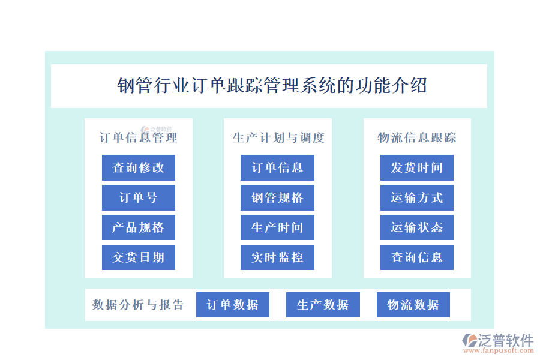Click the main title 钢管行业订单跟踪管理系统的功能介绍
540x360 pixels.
pos(272,85)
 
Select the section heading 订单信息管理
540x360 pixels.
pos(139,138)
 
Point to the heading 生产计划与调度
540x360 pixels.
pos(278,138)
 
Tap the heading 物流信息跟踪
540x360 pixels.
pos(417,138)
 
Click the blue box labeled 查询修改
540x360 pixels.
pos(139,167)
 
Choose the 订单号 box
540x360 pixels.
pos(139,197)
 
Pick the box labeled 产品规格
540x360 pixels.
pos(139,227)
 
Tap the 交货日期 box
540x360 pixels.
pos(139,257)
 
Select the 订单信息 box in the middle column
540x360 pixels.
pos(277,167)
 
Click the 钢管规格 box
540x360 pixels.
pos(277,197)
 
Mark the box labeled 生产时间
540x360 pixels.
pos(277,227)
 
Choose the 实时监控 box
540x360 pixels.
pos(277,257)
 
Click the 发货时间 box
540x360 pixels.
pos(417,167)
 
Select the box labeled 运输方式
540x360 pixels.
pos(417,197)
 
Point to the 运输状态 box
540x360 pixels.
pos(417,227)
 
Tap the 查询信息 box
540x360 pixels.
pos(417,257)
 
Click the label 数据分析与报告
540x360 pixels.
pos(138,305)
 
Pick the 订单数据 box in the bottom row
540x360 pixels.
pos(233,305)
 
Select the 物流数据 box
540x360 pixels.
pos(413,305)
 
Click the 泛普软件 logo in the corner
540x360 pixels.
pos(498,343)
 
